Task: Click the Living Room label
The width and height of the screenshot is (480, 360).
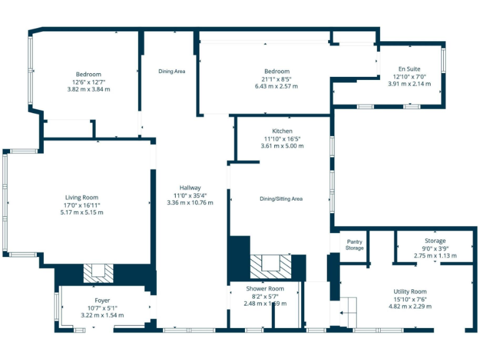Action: (x=82, y=197)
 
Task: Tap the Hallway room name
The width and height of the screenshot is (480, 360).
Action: (x=190, y=187)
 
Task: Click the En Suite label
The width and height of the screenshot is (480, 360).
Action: (x=409, y=69)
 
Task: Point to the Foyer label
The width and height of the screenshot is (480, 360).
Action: (x=102, y=301)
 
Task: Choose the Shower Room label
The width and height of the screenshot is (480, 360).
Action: (x=265, y=289)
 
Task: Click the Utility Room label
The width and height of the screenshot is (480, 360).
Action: (x=410, y=292)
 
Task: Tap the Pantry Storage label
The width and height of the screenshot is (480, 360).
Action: (x=354, y=244)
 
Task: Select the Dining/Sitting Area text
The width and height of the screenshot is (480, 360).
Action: (x=281, y=199)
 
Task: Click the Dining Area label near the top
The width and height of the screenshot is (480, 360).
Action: (x=171, y=71)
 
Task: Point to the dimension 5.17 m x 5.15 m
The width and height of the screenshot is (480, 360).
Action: (x=82, y=212)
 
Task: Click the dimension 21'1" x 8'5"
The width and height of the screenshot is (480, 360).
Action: (x=276, y=79)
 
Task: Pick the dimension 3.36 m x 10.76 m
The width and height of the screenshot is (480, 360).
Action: (x=190, y=202)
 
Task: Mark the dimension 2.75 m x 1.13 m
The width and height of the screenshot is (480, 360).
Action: (x=435, y=256)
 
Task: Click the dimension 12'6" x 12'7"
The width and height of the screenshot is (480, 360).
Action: (x=88, y=82)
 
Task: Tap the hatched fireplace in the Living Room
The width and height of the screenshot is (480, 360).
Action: (x=98, y=272)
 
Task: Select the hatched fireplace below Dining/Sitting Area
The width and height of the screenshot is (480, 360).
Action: (x=271, y=266)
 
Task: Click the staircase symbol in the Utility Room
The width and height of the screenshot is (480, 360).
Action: (x=347, y=309)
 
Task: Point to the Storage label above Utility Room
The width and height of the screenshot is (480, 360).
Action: (x=435, y=241)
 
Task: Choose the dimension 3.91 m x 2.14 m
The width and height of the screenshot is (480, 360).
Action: (x=409, y=84)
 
